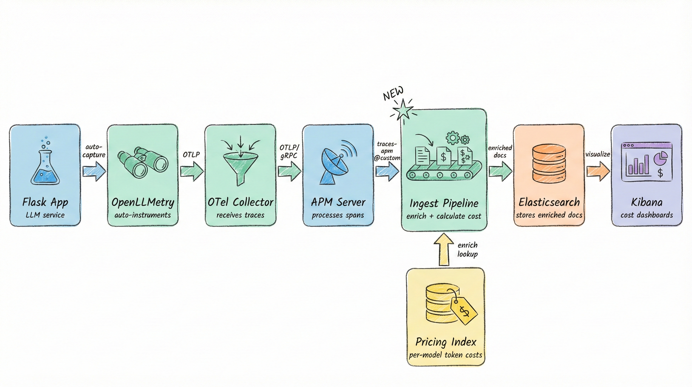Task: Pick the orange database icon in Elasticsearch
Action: [549, 163]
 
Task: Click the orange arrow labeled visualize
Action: [598, 171]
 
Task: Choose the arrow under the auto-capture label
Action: [94, 171]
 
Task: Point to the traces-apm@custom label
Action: [387, 151]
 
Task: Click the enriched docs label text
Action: [500, 151]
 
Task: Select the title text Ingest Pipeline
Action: [444, 204]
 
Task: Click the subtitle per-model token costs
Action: [445, 355]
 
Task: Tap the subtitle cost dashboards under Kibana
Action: [646, 215]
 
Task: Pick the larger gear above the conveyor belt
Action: [453, 138]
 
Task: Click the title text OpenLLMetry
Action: [143, 202]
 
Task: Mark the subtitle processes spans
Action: [338, 215]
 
